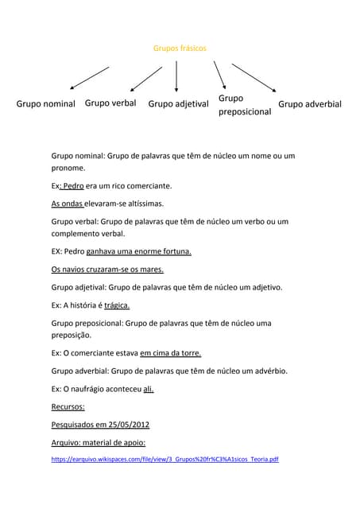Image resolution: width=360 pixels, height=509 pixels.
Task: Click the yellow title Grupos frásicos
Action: pyautogui.click(x=179, y=49)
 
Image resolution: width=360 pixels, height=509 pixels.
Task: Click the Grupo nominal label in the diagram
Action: pyautogui.click(x=46, y=104)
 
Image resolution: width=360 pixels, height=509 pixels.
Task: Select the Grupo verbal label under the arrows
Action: pyautogui.click(x=110, y=103)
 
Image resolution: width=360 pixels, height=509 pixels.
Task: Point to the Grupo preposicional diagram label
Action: pyautogui.click(x=244, y=105)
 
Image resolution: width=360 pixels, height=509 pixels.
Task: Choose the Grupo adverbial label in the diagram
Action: pyautogui.click(x=310, y=104)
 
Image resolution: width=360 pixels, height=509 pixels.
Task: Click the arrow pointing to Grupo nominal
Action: pyautogui.click(x=89, y=78)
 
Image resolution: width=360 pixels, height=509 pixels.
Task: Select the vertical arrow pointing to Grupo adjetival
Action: pyautogui.click(x=176, y=79)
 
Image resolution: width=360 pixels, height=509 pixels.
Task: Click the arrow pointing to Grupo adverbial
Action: pyautogui.click(x=254, y=79)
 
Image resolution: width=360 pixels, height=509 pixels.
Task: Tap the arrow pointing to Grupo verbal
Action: pyautogui.click(x=145, y=79)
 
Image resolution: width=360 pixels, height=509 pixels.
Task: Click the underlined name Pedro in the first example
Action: pyautogui.click(x=73, y=186)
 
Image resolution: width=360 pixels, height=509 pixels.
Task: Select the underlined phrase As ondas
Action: pyautogui.click(x=68, y=204)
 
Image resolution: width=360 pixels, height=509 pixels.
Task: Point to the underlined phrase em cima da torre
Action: pyautogui.click(x=170, y=353)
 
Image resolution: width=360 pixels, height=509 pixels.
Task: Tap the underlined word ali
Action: pyautogui.click(x=149, y=389)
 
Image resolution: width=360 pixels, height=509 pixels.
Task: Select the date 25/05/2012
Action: pyautogui.click(x=122, y=425)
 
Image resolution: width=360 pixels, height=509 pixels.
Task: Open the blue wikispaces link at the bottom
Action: pyautogui.click(x=165, y=460)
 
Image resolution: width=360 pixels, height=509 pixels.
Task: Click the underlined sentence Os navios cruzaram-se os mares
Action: pyautogui.click(x=107, y=270)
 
